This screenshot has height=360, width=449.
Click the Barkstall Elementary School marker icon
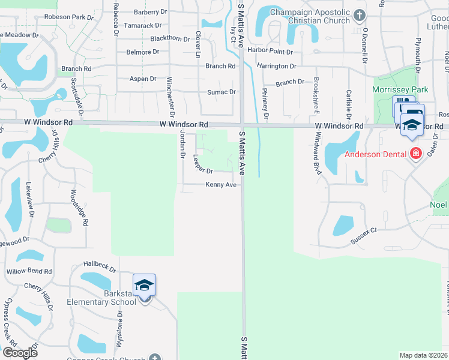[144, 285]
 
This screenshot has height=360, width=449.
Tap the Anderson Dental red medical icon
[415, 155]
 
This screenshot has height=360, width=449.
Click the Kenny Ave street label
[221, 185]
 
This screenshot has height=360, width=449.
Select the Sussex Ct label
[364, 235]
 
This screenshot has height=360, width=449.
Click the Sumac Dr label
[221, 92]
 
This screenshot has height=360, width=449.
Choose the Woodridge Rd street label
[79, 208]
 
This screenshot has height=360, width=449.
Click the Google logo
[20, 353]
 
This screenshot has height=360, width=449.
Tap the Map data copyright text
[424, 355]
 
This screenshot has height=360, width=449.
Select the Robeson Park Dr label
[70, 17]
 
